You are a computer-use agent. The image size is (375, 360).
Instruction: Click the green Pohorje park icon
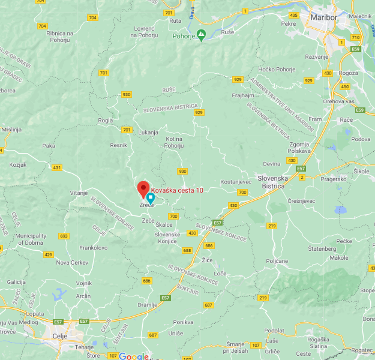point(202,35)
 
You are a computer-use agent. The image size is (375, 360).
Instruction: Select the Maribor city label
point(325,17)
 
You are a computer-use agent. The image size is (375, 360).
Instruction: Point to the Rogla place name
point(106,120)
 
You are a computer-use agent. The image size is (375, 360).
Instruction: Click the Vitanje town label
point(79,193)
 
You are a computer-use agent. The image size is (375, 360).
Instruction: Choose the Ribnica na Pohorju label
point(67,37)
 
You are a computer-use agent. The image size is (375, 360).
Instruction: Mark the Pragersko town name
point(333,179)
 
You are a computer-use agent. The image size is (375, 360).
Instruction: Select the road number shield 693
point(64,236)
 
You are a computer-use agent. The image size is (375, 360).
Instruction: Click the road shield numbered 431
point(56,167)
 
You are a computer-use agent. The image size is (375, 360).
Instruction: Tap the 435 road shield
point(293,14)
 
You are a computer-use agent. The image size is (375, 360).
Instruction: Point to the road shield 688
point(188,250)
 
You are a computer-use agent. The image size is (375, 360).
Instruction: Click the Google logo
point(133,356)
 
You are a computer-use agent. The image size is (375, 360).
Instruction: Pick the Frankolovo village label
point(93,247)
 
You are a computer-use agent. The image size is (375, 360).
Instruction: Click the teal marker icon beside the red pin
point(151,197)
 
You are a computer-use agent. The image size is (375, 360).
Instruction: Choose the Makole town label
point(339,257)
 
